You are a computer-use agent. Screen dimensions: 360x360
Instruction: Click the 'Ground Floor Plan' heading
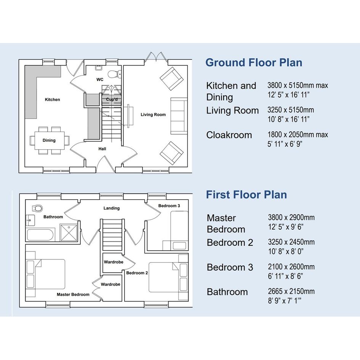(254, 63)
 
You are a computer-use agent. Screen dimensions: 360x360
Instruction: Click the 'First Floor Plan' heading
(246, 195)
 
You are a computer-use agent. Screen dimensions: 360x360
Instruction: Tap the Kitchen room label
(52, 100)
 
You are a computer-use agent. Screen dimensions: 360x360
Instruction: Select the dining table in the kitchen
(50, 140)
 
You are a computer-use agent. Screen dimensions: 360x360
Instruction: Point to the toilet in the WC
(114, 74)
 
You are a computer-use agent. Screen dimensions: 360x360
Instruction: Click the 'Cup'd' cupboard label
(112, 99)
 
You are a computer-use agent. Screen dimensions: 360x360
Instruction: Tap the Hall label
(102, 149)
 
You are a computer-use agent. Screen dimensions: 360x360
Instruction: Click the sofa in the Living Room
(179, 116)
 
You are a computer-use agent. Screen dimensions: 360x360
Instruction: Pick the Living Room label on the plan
(153, 115)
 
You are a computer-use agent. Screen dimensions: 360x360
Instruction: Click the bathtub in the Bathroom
(40, 235)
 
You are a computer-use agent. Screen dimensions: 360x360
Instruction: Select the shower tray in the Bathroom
(69, 233)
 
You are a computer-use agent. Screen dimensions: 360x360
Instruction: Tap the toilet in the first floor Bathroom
(37, 208)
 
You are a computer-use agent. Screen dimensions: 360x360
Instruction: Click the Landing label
(112, 208)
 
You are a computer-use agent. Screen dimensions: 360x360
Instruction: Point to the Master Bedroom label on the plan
(73, 294)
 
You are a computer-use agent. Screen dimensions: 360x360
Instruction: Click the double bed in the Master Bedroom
(46, 274)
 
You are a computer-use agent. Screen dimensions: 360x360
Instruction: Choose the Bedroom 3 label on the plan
(169, 206)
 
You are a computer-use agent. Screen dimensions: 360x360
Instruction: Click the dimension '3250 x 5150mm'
(291, 110)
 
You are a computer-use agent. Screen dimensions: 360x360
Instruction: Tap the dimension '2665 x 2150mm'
(291, 291)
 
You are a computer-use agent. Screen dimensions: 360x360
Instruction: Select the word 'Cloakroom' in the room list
(229, 135)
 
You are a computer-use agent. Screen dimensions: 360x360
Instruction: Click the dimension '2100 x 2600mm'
(291, 267)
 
